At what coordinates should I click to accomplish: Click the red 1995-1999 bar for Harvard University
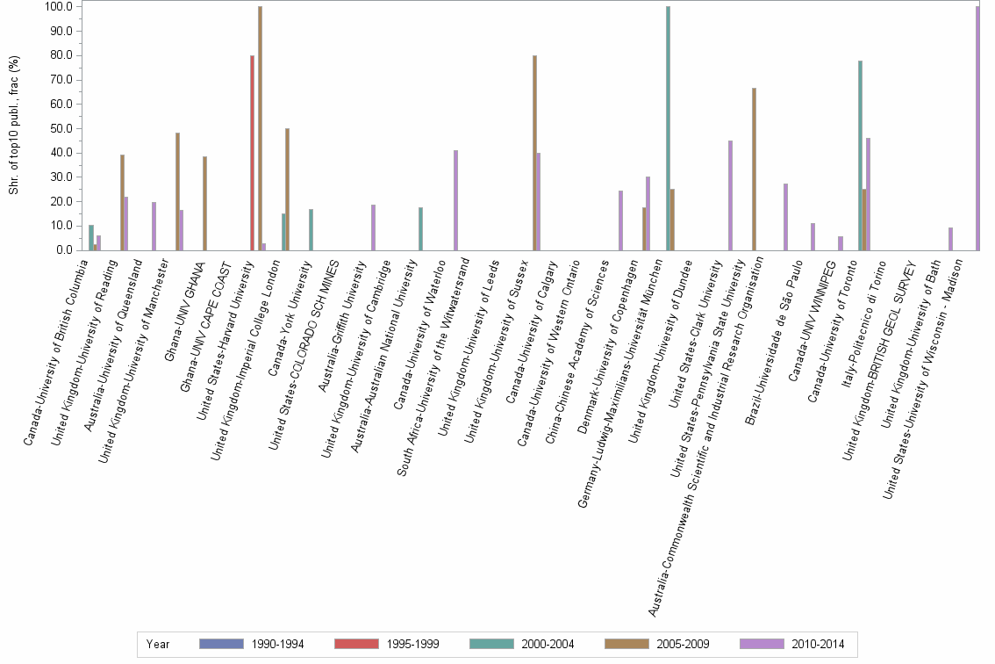click(253, 153)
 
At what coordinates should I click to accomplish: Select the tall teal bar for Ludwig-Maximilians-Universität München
click(669, 128)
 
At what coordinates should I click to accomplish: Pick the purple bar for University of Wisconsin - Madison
click(977, 128)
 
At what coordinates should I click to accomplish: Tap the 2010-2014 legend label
click(819, 645)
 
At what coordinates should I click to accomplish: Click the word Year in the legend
click(159, 645)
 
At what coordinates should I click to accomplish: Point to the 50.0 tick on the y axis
click(61, 128)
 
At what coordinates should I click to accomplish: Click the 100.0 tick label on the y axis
click(59, 7)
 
